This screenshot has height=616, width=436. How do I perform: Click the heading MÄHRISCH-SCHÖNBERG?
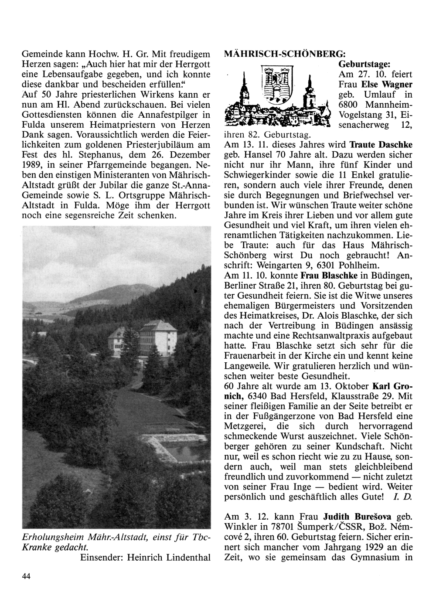(285, 54)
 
